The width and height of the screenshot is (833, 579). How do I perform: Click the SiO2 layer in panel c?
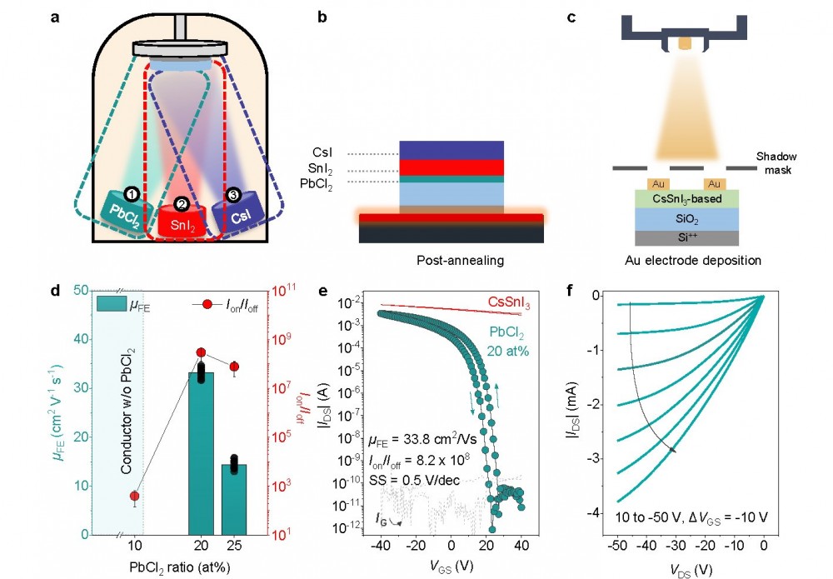point(683,218)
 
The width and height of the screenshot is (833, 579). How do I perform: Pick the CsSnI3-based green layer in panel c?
point(683,198)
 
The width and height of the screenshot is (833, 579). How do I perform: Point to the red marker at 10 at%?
point(134,497)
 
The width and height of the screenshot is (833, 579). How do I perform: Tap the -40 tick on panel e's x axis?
point(381,546)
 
